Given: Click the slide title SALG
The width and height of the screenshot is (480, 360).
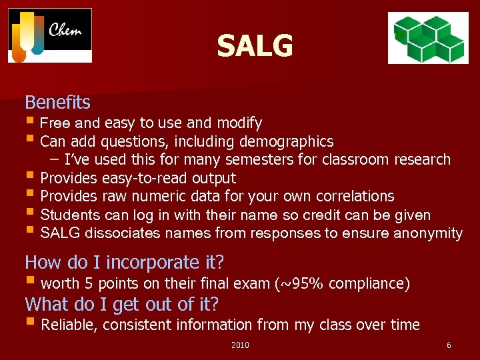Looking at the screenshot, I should (255, 46).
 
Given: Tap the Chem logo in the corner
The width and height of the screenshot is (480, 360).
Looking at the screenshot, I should (50, 35).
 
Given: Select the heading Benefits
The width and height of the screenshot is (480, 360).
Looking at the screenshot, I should (57, 102).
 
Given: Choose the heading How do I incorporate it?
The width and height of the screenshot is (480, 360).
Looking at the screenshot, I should (124, 262).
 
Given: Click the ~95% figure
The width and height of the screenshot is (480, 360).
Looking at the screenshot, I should (302, 284).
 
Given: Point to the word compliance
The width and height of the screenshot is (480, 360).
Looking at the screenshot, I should (369, 284).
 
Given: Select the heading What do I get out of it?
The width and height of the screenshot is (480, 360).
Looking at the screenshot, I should (121, 304).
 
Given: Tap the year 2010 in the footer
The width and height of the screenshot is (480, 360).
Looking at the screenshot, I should (240, 345).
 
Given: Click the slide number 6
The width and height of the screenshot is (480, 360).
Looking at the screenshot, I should (449, 345).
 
